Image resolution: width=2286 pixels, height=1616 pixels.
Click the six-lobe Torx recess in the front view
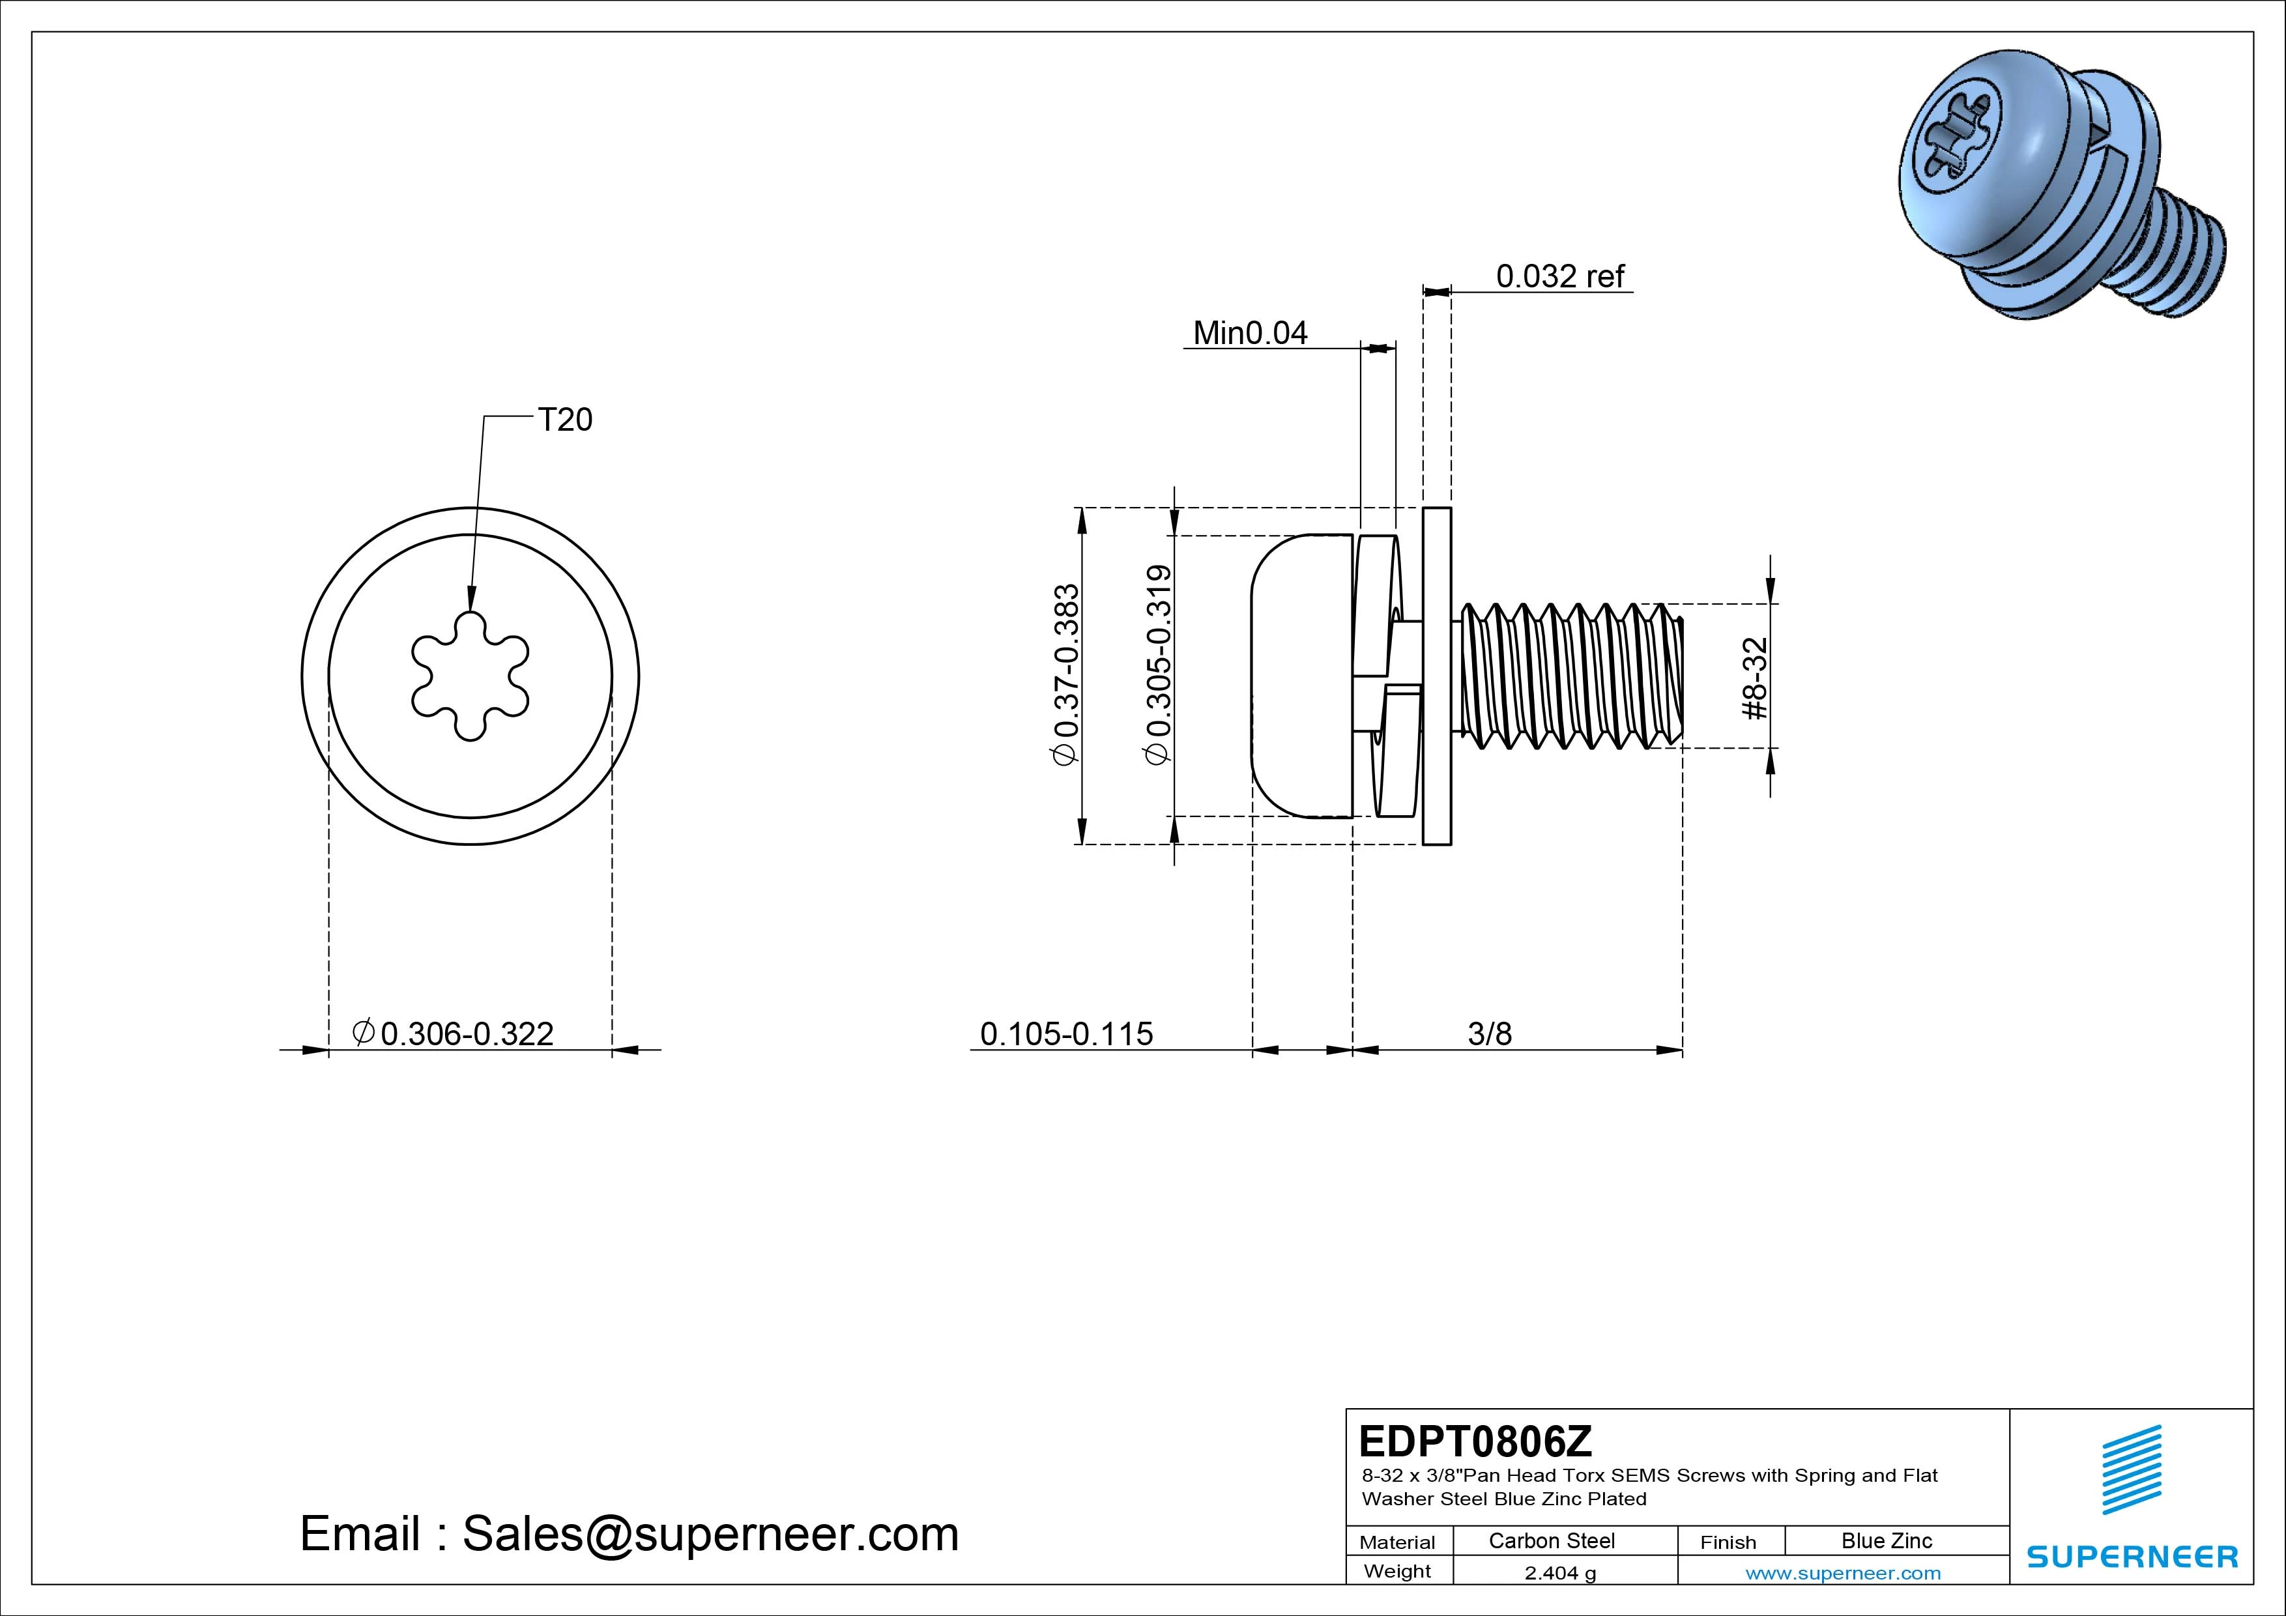pos(470,677)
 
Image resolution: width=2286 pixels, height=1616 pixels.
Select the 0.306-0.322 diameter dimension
pos(454,1033)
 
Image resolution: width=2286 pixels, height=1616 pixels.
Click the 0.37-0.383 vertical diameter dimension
pos(1065,675)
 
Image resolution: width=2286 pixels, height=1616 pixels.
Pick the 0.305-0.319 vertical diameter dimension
pos(1158,665)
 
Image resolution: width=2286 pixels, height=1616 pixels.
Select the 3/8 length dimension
pos(1490,1033)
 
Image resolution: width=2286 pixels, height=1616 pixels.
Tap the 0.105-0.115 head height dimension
pos(1066,1033)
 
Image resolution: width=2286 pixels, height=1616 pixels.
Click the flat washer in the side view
pos(1437,676)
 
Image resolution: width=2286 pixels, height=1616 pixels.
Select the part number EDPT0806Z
pos(1475,1441)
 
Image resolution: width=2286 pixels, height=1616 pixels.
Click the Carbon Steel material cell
pos(1551,1541)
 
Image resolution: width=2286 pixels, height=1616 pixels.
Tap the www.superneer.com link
pos(1843,1573)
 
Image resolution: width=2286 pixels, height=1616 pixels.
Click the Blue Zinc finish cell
pos(1886,1541)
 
